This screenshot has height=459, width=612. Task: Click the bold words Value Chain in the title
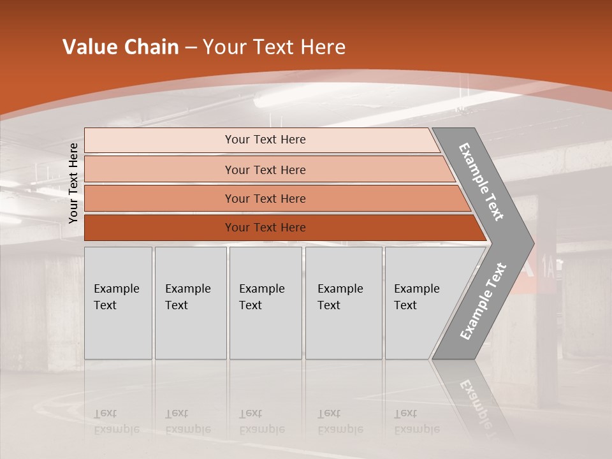click(120, 47)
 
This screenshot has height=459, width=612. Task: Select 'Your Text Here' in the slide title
click(274, 47)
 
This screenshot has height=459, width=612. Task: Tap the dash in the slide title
click(191, 48)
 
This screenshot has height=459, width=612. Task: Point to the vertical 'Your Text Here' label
click(73, 183)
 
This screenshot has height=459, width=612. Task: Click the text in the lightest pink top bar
click(265, 140)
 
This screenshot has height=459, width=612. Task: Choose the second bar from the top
click(265, 170)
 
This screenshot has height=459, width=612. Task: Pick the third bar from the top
click(265, 198)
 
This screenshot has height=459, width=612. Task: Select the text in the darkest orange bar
click(265, 228)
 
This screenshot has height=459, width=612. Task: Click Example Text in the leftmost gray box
click(116, 296)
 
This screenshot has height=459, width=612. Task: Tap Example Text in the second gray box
click(187, 296)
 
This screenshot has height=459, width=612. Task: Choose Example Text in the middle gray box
click(261, 296)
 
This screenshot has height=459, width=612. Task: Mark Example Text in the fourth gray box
click(340, 296)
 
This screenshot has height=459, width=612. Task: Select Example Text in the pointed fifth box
click(416, 296)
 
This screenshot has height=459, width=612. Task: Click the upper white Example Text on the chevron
click(481, 182)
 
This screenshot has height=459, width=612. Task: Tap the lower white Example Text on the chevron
click(483, 302)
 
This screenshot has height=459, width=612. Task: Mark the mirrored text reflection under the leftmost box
click(116, 421)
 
